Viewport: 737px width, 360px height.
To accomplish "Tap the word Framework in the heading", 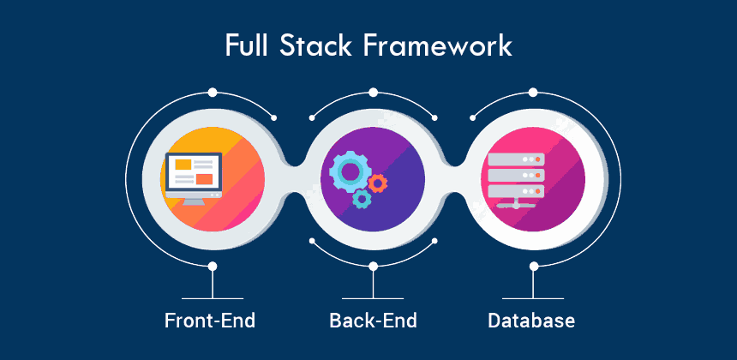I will [x=436, y=45].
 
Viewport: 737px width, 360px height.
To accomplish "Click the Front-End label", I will [x=210, y=321].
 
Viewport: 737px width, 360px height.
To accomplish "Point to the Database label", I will [x=531, y=321].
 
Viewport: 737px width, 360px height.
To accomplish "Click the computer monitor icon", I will [x=193, y=177].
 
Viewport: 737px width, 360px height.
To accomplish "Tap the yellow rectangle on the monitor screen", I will [x=183, y=164].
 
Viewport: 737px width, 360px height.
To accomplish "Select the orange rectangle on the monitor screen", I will [x=204, y=179].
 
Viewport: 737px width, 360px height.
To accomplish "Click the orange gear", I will [x=377, y=182].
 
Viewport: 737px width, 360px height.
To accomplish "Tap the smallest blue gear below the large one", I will [x=362, y=200].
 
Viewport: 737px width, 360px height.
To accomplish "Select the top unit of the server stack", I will [x=515, y=159].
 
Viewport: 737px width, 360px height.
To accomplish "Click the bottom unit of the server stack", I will [x=515, y=190].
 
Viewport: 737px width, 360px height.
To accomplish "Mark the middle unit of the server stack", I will [x=515, y=175].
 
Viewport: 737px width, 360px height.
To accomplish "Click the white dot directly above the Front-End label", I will [x=212, y=267].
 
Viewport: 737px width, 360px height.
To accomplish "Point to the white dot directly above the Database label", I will [x=533, y=267].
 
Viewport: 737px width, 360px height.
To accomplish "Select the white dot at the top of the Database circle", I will [x=533, y=91].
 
